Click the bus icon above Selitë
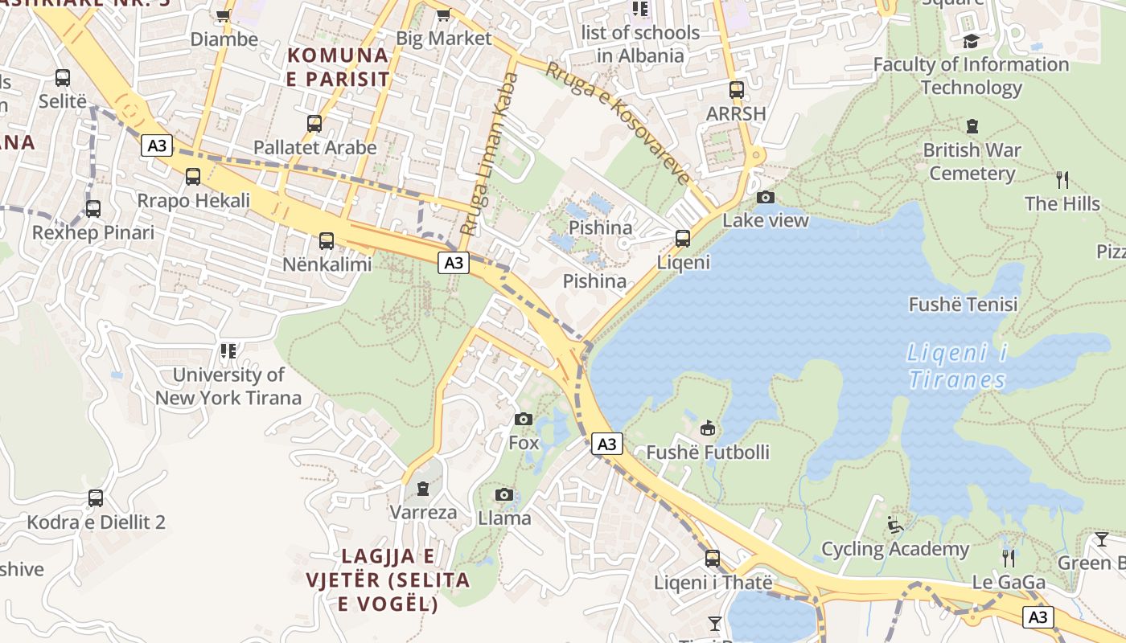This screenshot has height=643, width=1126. tap(63, 78)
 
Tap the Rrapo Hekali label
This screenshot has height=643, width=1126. tap(194, 200)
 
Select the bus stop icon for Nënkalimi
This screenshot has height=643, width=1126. tap(326, 240)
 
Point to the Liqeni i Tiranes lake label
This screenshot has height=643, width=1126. tap(956, 366)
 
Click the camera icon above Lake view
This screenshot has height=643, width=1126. tap(766, 197)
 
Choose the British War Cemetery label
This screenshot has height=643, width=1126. tap(972, 162)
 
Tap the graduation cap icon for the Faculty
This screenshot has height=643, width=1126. tap(972, 41)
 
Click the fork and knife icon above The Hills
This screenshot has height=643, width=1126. tap(1062, 179)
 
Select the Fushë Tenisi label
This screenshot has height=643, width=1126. tap(963, 305)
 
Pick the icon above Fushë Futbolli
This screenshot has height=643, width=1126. tap(708, 428)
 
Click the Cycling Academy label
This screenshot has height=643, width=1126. tap(895, 549)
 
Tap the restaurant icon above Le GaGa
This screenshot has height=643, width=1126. tap(1009, 558)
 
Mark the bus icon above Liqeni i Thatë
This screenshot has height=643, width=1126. tap(713, 558)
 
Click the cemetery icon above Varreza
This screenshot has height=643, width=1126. tap(423, 488)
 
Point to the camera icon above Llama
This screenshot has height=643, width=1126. tap(504, 494)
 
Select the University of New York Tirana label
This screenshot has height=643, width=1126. tap(228, 386)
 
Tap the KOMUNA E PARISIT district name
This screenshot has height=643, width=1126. tap(338, 68)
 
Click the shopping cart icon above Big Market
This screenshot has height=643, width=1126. tap(443, 14)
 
